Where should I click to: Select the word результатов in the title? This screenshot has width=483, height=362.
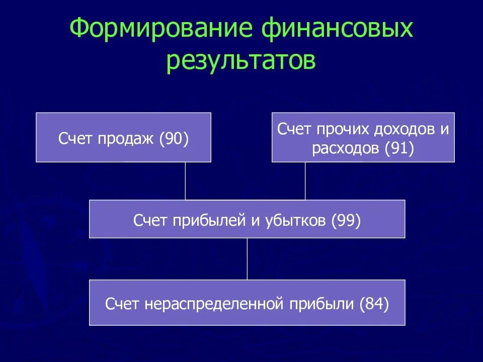(242, 61)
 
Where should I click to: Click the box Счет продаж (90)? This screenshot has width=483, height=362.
(123, 137)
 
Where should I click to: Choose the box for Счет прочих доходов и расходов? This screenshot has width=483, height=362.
(363, 137)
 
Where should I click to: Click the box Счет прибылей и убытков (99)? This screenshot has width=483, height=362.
(247, 219)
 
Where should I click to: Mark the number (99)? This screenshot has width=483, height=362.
(346, 221)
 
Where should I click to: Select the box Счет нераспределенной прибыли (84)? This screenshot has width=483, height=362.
(247, 303)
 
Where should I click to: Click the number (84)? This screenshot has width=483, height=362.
(374, 304)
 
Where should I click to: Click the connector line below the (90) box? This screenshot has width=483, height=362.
(185, 181)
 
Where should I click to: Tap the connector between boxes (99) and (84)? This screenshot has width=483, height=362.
(247, 259)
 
